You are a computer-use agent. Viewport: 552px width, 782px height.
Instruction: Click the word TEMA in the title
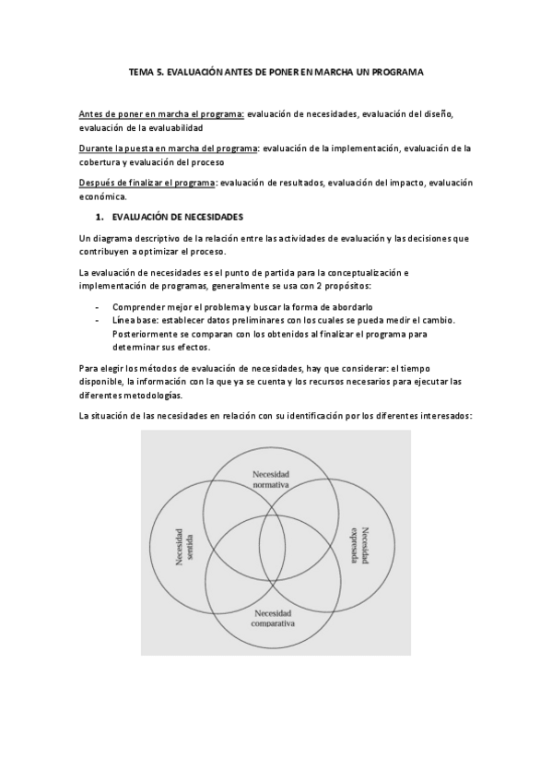point(140,71)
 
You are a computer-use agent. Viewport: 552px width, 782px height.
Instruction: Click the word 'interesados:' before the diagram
point(445,415)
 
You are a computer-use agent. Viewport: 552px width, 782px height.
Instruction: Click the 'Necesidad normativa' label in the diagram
point(272,478)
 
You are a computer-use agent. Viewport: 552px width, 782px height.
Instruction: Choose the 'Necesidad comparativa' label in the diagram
point(272,617)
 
